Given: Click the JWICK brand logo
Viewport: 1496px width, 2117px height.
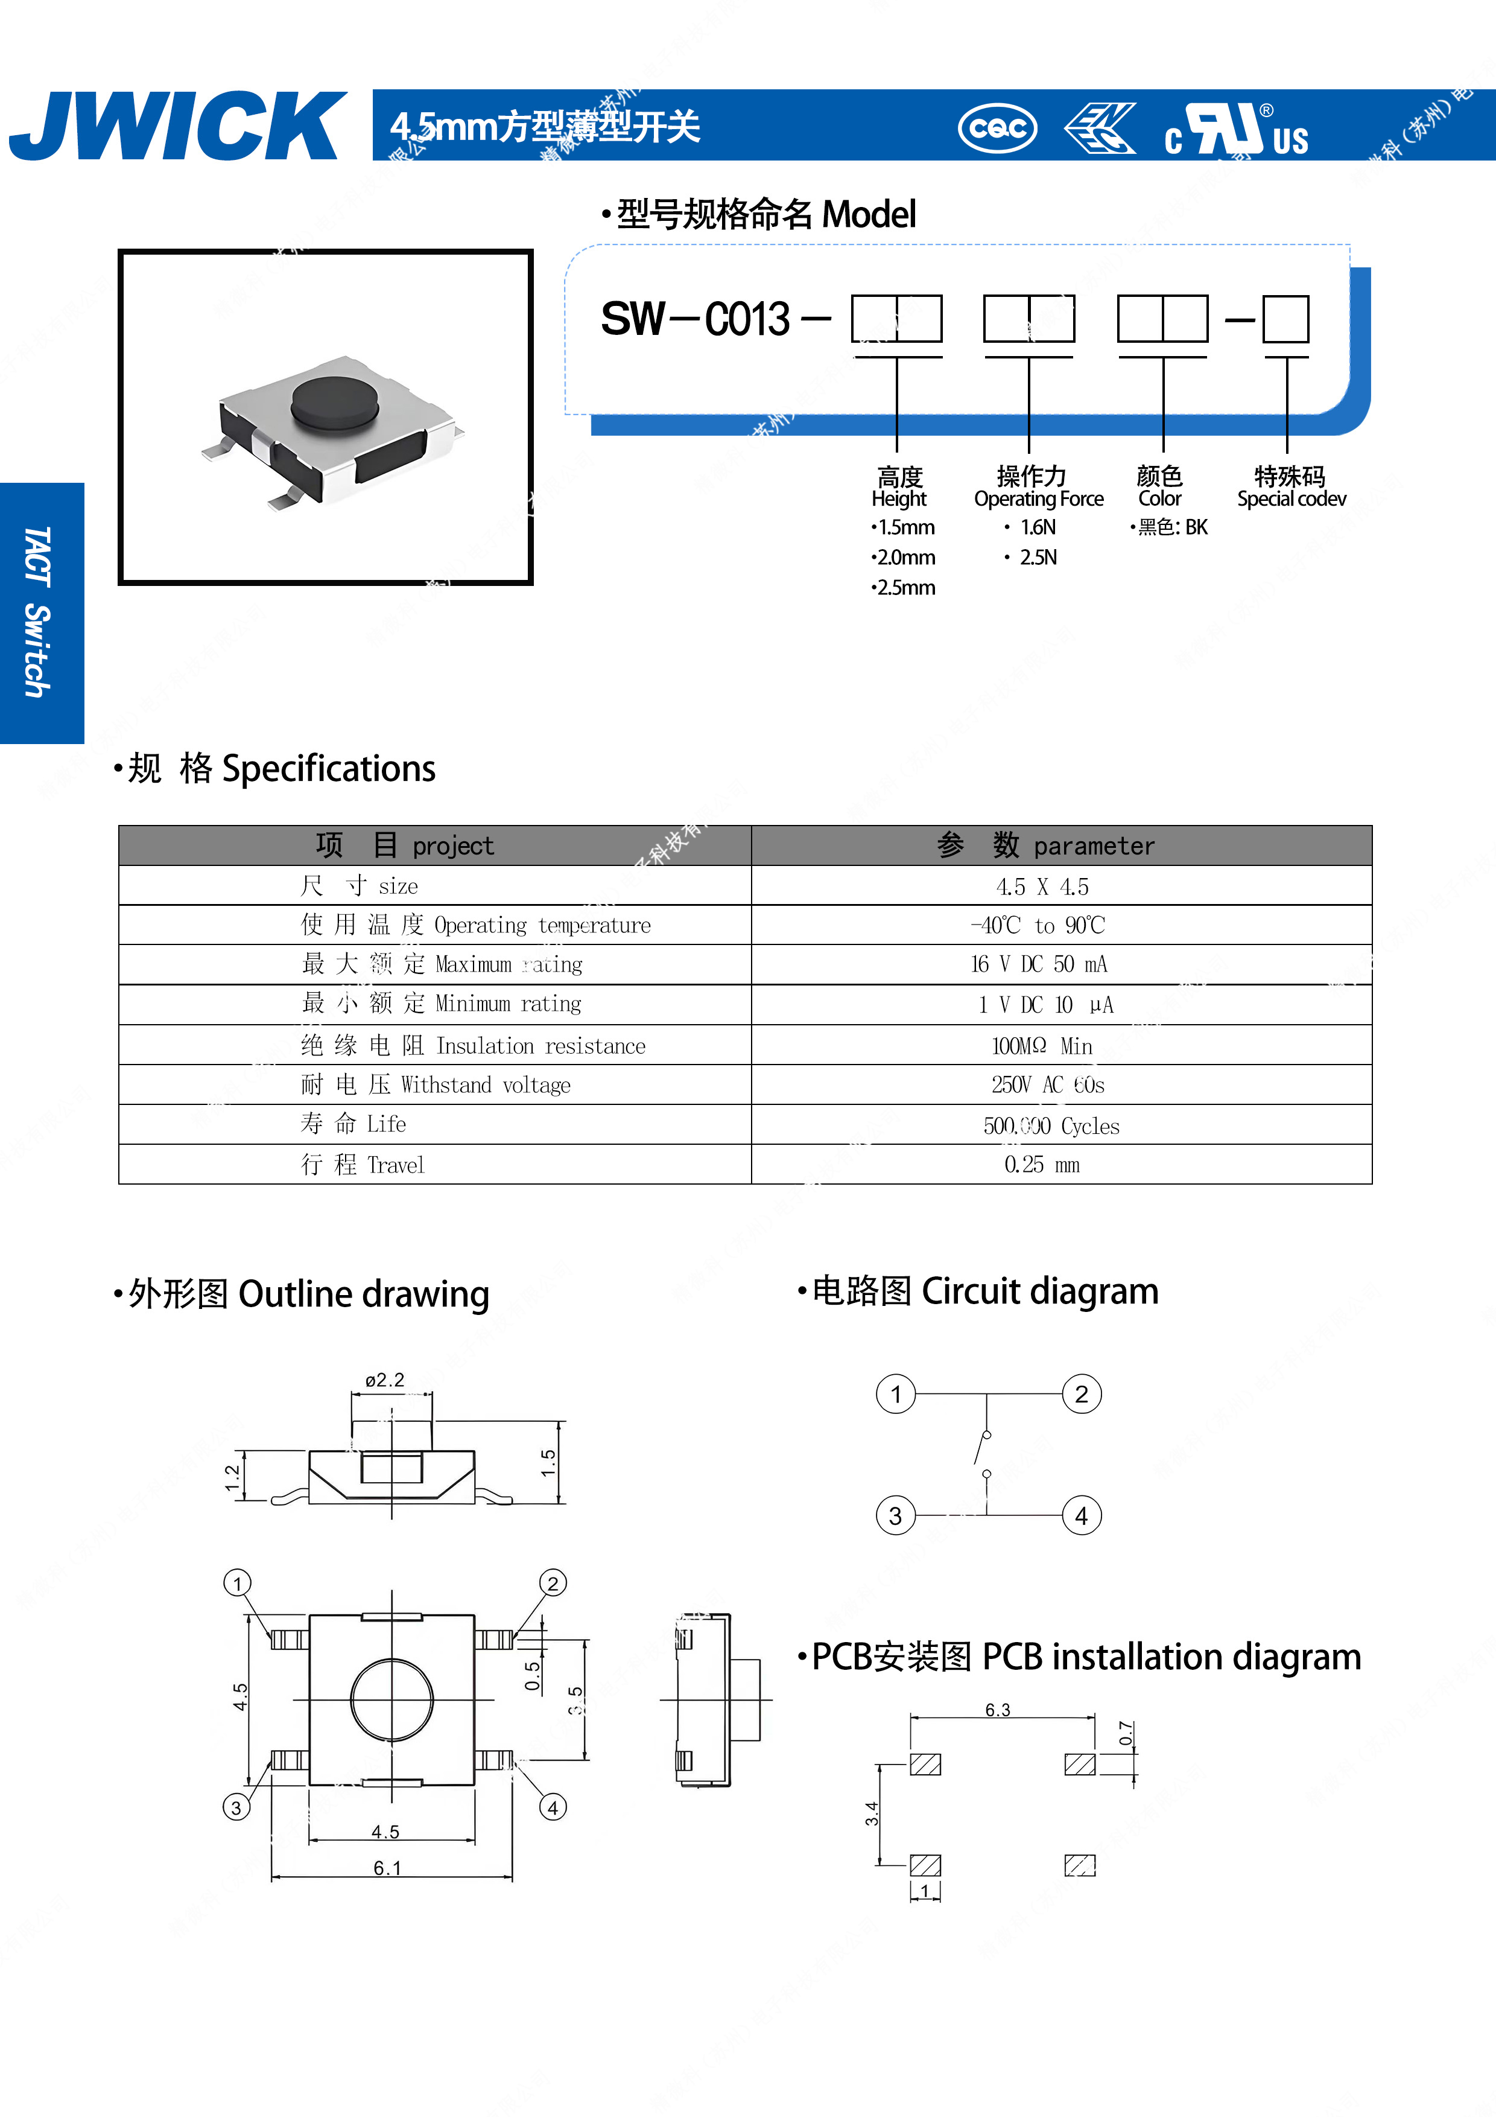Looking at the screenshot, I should tap(177, 126).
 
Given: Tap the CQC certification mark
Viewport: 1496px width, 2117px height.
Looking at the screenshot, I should tap(997, 128).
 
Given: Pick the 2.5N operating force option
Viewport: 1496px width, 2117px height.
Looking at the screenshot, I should tap(1037, 558).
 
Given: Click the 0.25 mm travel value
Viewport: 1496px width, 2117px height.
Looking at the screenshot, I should tap(1042, 1165).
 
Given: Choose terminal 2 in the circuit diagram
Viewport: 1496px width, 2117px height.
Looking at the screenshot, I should tap(1081, 1394).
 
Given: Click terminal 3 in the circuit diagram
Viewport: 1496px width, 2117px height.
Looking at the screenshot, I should tap(895, 1516).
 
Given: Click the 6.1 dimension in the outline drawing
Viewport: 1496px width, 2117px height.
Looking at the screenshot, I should tap(387, 1868).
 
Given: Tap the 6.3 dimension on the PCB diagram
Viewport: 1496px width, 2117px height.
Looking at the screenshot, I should tap(997, 1710).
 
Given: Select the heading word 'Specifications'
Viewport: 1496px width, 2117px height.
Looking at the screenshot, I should tap(329, 769).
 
